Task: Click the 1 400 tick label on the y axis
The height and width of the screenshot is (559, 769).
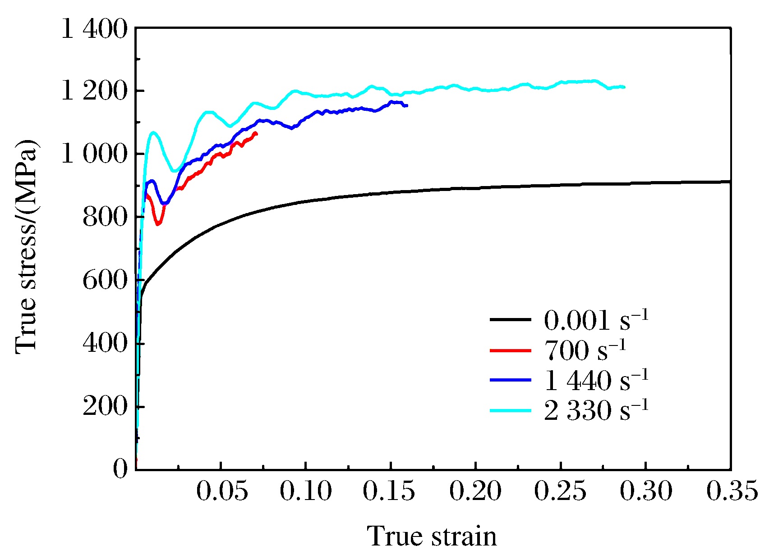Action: [x=94, y=31]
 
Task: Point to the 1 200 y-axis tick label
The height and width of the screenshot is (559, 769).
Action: [x=94, y=91]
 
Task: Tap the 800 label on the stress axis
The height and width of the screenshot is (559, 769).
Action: [x=105, y=218]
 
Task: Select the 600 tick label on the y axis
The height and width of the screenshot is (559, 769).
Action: [x=105, y=281]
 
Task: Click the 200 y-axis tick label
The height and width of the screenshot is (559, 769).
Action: [x=105, y=407]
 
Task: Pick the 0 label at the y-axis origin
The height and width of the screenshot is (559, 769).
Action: [x=120, y=469]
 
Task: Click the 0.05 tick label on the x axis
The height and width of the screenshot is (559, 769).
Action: [x=221, y=491]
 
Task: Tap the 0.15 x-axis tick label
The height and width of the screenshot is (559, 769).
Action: [x=389, y=491]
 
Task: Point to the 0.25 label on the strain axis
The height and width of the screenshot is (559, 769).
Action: [x=560, y=491]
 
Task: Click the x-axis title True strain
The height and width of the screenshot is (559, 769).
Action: [x=433, y=536]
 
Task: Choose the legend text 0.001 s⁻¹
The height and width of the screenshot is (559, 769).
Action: [x=596, y=320]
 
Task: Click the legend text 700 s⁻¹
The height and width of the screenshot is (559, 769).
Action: [x=585, y=350]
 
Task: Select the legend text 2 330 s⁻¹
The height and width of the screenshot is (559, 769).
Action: [x=596, y=410]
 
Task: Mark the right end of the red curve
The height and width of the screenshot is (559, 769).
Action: [x=257, y=133]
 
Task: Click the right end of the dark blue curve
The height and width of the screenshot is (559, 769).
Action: [x=407, y=105]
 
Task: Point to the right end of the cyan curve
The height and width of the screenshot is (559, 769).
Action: [x=624, y=87]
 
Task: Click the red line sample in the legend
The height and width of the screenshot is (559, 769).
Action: [x=510, y=350]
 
